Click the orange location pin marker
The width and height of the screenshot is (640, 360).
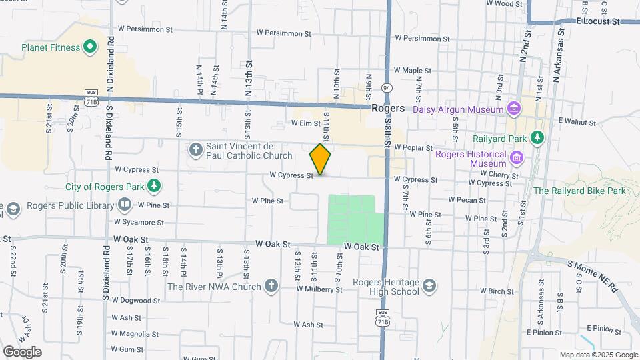tap(320, 159)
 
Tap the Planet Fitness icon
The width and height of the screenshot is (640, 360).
tap(91, 47)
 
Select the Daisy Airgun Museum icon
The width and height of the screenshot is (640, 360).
tap(513, 109)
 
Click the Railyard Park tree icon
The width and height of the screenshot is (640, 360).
tap(537, 138)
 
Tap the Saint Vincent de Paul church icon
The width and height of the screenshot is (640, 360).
tap(196, 148)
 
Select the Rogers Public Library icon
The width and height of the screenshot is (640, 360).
tap(125, 205)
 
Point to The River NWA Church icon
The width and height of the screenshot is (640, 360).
tap(271, 287)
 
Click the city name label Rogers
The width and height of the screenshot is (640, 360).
tap(388, 108)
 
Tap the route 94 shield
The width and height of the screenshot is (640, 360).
tap(387, 87)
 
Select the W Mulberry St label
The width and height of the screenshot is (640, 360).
tap(319, 289)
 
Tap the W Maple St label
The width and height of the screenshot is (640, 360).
tap(413, 70)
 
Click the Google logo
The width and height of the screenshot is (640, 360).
tap(22, 351)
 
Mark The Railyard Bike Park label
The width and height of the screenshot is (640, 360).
tap(580, 191)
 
